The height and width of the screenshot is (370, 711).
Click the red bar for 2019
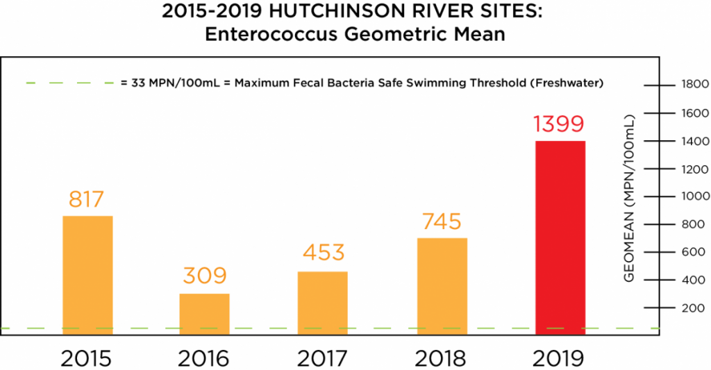click(x=560, y=237)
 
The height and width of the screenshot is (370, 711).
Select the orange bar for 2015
click(x=87, y=276)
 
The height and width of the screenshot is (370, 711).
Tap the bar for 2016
click(x=205, y=314)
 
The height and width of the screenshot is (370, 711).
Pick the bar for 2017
click(x=323, y=303)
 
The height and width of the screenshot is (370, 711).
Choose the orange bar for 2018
click(x=442, y=286)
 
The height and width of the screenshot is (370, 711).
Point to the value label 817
click(x=86, y=199)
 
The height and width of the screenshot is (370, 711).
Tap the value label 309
click(x=205, y=276)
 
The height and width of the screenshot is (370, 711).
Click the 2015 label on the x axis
click(x=86, y=358)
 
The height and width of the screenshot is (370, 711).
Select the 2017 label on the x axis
click(x=324, y=358)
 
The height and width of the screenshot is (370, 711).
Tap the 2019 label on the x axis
click(x=560, y=358)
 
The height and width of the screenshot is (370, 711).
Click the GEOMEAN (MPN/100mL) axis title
click(x=630, y=197)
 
